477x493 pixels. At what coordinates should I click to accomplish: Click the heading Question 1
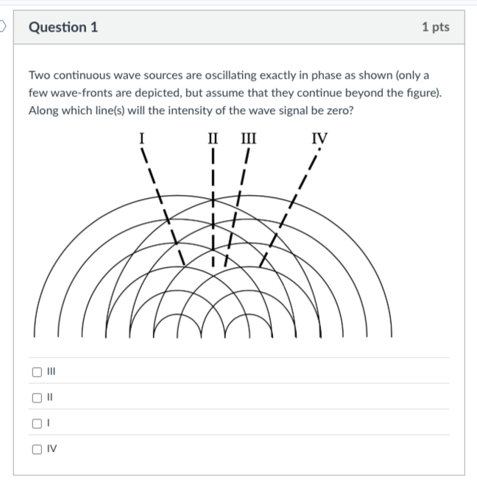click(63, 27)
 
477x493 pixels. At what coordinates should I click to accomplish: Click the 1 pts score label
click(436, 27)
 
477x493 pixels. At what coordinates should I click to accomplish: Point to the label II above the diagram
click(213, 136)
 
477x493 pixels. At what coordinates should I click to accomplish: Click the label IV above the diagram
click(319, 136)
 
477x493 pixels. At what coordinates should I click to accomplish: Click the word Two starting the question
click(38, 76)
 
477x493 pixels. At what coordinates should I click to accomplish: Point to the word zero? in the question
click(328, 111)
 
